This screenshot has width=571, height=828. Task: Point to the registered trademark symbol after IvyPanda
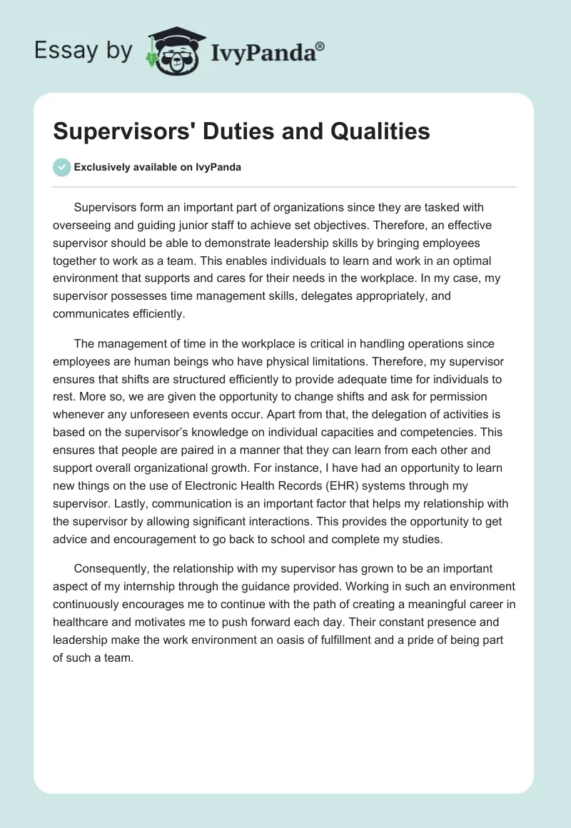tap(320, 46)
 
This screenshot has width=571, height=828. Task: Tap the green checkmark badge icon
tap(61, 167)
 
